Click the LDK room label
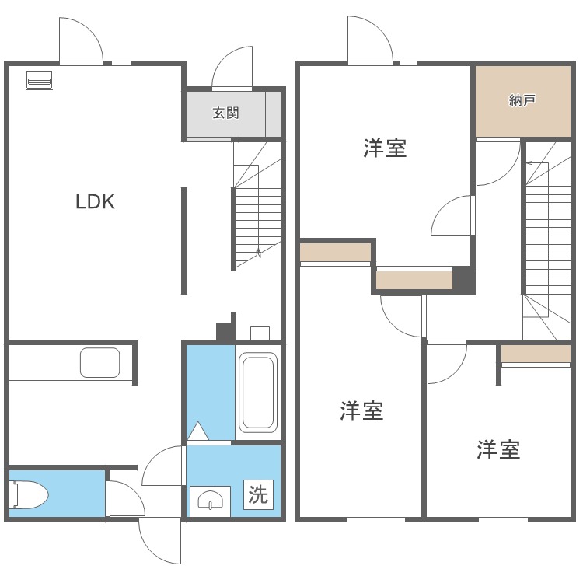(x=95, y=202)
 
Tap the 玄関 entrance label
(x=226, y=113)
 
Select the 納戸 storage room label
(x=522, y=100)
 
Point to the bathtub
(x=257, y=393)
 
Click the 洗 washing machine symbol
(x=258, y=494)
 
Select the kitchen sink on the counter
(x=99, y=362)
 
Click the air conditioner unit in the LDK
(x=39, y=80)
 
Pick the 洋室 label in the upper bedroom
(x=385, y=148)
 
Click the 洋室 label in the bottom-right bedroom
(x=498, y=449)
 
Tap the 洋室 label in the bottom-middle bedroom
(x=361, y=411)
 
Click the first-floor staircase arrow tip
(x=259, y=253)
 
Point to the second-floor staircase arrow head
(x=529, y=163)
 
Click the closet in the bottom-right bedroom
(x=536, y=354)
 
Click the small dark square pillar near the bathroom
(x=224, y=331)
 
